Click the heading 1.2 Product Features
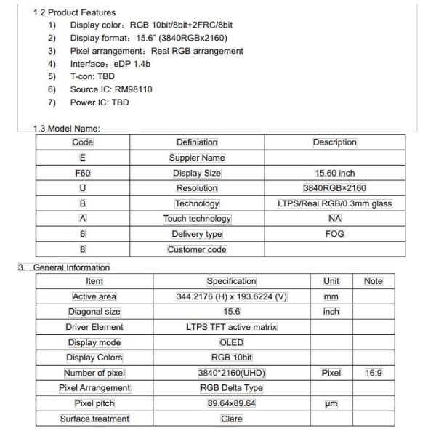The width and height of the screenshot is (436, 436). click(x=74, y=13)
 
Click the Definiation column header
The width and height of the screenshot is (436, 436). click(x=197, y=142)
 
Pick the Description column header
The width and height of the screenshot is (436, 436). click(x=334, y=142)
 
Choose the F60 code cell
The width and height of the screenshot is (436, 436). click(x=82, y=174)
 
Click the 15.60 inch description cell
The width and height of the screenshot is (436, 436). click(x=334, y=174)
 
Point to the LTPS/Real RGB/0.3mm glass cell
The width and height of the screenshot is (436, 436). click(x=334, y=203)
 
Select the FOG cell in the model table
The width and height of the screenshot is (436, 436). click(x=334, y=234)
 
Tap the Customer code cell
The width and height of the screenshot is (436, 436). click(x=197, y=249)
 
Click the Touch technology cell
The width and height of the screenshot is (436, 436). click(x=197, y=219)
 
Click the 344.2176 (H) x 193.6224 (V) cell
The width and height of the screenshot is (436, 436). click(x=231, y=296)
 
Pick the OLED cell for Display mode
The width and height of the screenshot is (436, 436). click(x=231, y=342)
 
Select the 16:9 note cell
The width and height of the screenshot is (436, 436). click(x=374, y=373)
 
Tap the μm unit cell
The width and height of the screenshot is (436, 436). click(x=331, y=403)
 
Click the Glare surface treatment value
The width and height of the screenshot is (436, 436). click(x=231, y=419)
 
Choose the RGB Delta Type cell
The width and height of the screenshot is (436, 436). click(x=231, y=388)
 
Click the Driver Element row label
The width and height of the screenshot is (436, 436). click(x=94, y=327)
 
